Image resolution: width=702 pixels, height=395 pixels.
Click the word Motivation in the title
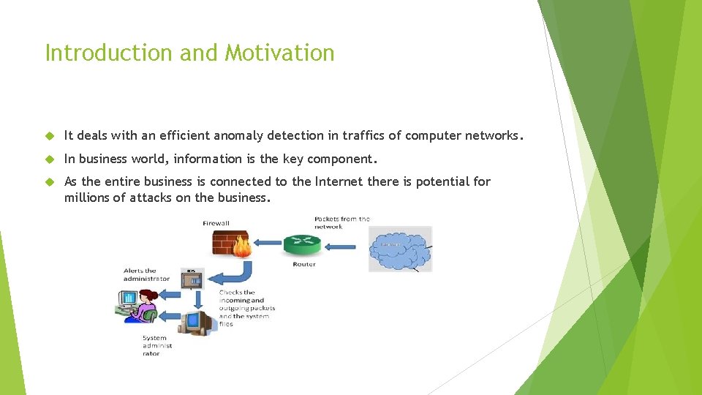click(280, 53)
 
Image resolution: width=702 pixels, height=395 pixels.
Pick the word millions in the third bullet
click(87, 197)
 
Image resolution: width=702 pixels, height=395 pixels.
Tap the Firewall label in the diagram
click(216, 223)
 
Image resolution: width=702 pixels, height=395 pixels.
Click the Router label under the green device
click(303, 264)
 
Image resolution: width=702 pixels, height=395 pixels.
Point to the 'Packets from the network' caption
click(341, 222)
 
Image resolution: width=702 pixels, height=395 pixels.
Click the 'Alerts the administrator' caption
click(146, 274)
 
